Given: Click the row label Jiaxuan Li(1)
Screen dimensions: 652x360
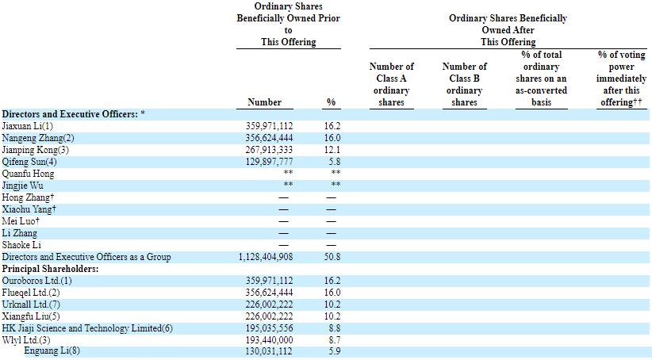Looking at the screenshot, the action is click(28, 126).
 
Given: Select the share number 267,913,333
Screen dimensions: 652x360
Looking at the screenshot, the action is click(269, 150).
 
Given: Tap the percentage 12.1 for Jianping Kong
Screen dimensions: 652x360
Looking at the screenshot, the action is click(332, 150).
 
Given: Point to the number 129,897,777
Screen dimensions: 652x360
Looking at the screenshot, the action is click(269, 162).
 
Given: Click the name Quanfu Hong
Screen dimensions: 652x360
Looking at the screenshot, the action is click(28, 174).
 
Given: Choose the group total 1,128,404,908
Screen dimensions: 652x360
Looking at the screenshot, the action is click(266, 257).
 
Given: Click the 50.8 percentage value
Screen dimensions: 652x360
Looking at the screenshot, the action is click(332, 257).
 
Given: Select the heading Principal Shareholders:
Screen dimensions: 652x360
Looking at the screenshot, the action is click(50, 269).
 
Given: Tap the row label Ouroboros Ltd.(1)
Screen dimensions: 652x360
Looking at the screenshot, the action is click(36, 281).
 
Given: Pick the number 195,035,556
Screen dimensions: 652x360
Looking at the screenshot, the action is click(269, 328).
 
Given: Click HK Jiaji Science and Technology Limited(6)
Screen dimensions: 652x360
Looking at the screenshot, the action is click(87, 328).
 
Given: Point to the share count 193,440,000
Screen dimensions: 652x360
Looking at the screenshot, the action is click(269, 340).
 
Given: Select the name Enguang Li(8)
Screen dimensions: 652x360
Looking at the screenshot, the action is click(52, 350).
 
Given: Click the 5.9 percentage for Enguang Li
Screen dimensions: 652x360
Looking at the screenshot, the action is click(334, 351).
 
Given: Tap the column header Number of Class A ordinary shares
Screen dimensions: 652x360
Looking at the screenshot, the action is click(391, 84).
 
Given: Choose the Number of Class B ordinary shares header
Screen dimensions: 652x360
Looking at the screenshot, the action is click(465, 84).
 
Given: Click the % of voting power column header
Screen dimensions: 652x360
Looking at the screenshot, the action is click(621, 79).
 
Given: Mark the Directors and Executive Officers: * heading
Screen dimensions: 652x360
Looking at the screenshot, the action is click(73, 114).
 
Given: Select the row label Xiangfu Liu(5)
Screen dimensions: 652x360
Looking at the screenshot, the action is click(31, 316).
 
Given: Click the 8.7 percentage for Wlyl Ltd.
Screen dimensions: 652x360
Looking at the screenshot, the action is click(334, 340).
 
